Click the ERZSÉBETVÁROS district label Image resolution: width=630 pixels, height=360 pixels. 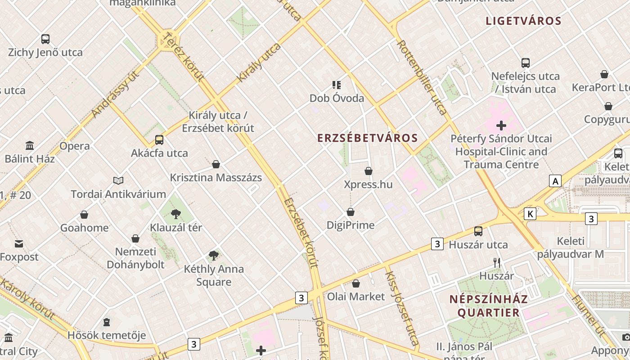coord(368,138)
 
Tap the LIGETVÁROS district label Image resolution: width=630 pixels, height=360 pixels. coord(524,21)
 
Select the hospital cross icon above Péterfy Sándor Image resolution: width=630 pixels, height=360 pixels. coord(501,125)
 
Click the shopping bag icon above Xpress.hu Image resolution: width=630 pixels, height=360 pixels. coord(369,171)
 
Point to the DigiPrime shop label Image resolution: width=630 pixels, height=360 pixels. coord(351,225)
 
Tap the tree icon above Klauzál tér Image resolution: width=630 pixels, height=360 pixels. coord(175,214)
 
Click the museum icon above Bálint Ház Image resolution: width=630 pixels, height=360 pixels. coord(30,145)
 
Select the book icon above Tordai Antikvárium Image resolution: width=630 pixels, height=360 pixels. coord(118,180)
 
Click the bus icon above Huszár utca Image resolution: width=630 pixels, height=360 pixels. coord(478,231)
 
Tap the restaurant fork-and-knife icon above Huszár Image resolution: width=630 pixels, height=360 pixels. coord(497,262)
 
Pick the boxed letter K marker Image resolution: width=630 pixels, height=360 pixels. coord(530,214)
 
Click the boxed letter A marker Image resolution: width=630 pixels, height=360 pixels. coord(555,181)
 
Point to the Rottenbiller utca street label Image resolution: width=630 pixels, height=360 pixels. coord(423,77)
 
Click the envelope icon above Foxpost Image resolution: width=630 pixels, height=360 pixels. coord(19,244)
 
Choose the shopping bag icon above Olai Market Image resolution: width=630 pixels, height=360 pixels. coord(356,283)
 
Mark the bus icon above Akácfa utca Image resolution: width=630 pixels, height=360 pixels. coord(159,139)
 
